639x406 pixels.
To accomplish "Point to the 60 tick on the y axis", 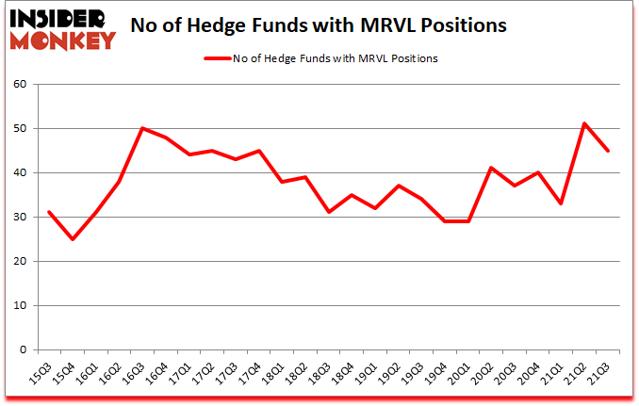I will tap(19, 85).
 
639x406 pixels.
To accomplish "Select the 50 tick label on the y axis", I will tap(19, 129).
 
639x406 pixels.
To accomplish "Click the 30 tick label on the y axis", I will tap(19, 218).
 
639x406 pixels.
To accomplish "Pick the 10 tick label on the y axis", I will tap(19, 306).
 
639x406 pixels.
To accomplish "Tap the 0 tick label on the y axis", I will tap(23, 350).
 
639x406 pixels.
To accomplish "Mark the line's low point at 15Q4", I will tap(73, 239).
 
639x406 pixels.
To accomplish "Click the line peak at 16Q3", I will tap(142, 128).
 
